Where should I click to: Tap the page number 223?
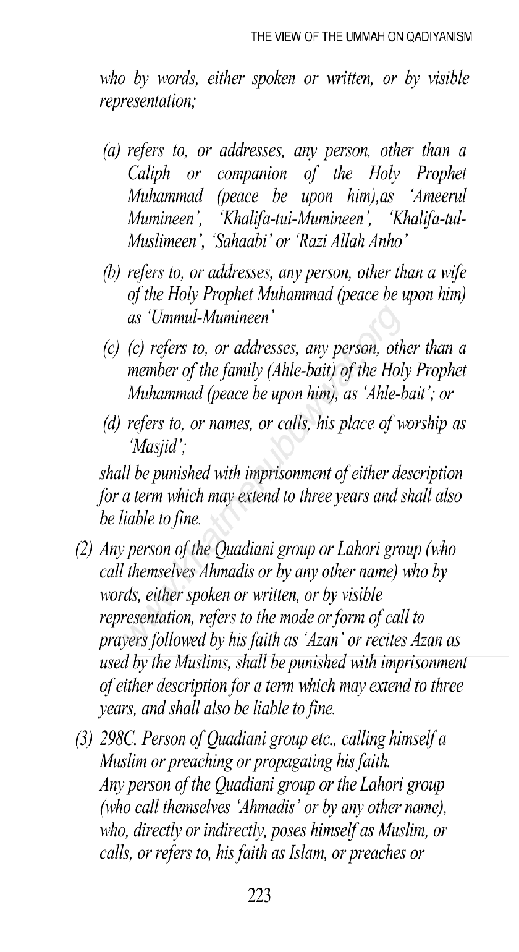pos(260,895)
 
